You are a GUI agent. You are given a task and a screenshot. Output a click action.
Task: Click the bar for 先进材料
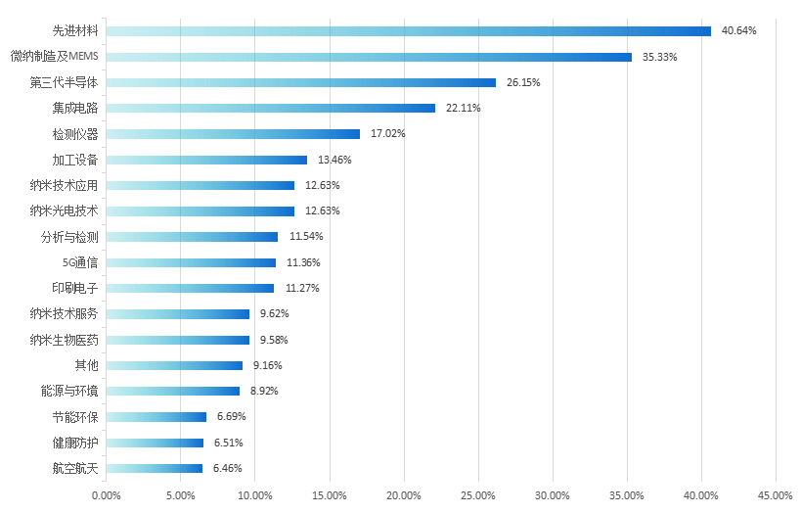(408, 31)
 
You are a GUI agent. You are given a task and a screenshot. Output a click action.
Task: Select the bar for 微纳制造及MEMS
(369, 57)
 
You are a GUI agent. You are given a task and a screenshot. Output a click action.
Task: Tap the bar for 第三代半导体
(300, 83)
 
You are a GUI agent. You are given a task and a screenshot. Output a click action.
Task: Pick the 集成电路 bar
(270, 109)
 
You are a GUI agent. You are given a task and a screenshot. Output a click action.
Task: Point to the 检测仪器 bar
(233, 134)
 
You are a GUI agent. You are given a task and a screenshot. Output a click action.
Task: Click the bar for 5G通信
(191, 262)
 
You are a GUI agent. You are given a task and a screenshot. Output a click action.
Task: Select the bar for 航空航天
(154, 468)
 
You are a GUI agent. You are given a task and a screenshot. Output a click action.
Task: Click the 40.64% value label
(738, 31)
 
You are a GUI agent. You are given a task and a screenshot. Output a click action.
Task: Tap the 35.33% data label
(659, 57)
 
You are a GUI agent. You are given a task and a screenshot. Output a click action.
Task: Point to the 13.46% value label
(334, 160)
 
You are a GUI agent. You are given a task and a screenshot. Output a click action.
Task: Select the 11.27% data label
(301, 288)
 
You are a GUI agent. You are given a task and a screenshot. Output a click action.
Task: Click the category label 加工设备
(75, 160)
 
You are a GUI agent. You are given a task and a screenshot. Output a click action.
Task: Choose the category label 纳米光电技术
(65, 210)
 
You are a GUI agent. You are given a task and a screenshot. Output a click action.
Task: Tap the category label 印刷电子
(75, 288)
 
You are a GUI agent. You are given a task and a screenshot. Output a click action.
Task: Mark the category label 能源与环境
(69, 391)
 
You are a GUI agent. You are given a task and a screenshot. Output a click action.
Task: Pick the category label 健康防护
(75, 443)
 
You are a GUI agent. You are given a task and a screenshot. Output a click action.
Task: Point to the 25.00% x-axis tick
(478, 495)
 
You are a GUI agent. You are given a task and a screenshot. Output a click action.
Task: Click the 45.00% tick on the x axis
(776, 495)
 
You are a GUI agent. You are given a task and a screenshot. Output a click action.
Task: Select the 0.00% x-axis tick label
(106, 495)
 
